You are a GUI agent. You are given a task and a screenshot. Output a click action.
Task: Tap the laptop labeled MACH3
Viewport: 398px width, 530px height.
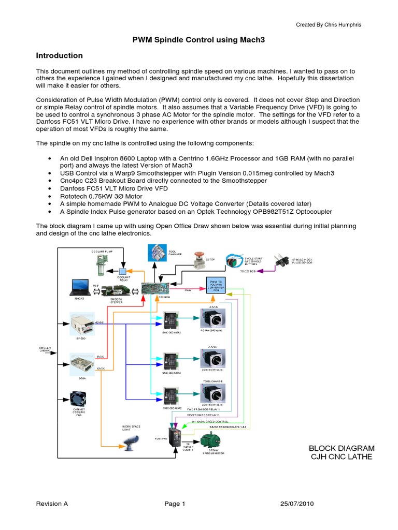79,287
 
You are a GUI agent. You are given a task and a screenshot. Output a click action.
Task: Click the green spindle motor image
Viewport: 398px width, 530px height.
213,440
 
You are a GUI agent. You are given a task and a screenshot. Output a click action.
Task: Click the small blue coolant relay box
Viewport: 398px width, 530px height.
123,272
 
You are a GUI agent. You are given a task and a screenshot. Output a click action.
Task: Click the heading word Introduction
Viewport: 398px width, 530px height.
59,55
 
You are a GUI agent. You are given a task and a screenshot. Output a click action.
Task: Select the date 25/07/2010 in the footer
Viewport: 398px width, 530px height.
297,504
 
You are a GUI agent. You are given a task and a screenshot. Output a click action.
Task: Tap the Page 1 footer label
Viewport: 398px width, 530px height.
175,504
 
